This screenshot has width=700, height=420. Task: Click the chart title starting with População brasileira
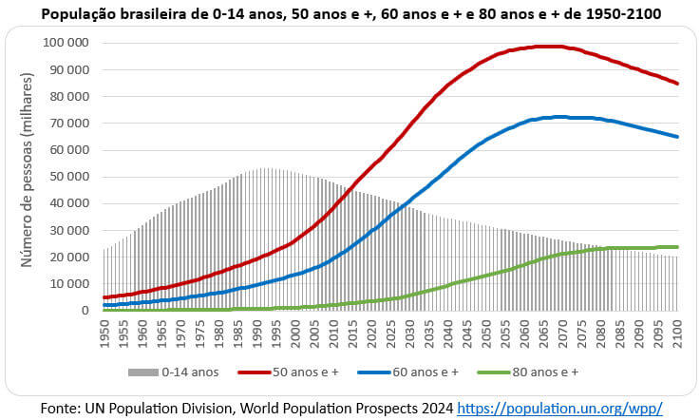coord(350,14)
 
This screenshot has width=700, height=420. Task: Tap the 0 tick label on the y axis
coord(88,311)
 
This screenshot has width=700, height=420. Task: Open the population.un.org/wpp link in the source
coord(559,408)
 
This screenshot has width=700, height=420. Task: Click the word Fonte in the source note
coord(60,408)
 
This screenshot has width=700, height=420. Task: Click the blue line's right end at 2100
coord(676,137)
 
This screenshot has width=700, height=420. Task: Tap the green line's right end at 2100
coord(676,247)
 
